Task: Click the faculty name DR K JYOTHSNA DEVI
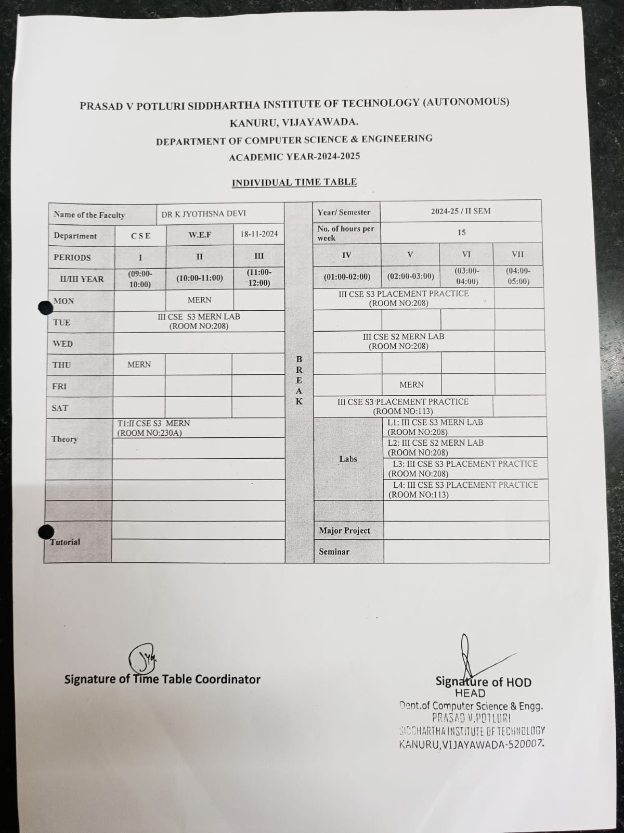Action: pos(203,213)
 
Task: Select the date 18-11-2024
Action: pos(259,234)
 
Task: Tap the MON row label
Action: pos(64,301)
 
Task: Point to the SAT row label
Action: pos(60,408)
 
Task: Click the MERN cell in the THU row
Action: pos(139,364)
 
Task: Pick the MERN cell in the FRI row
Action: pos(411,385)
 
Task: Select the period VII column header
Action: pos(517,254)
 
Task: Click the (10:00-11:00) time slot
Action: pos(200,278)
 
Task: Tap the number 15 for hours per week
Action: pos(461,232)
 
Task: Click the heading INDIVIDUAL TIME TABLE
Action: pos(294,182)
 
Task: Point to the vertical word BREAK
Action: pos(299,380)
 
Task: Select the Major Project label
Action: pos(344,531)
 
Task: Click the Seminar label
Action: pos(334,551)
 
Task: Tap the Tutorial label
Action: pos(65,542)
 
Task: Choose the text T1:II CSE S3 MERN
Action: pos(153,423)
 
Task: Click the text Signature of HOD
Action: pos(483,682)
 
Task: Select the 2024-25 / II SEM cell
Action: pos(460,211)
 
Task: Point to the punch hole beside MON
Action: pos(45,308)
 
